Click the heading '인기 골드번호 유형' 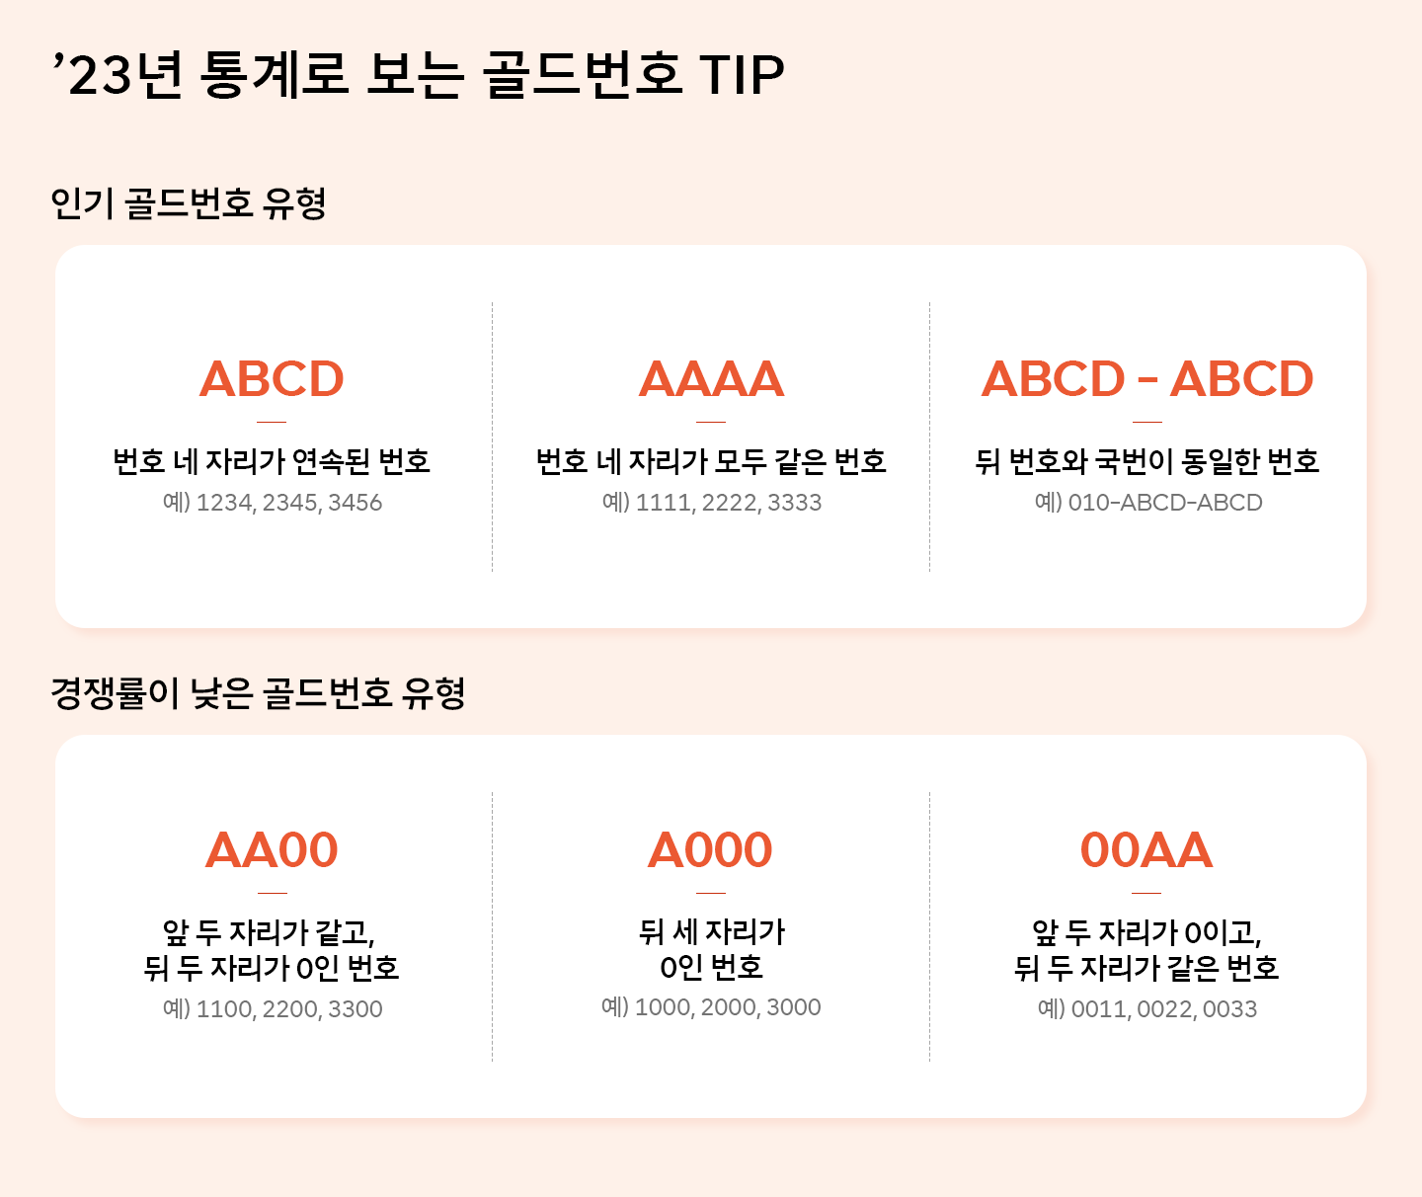tap(189, 203)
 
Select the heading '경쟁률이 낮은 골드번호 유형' tap(258, 693)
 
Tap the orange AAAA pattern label tap(711, 379)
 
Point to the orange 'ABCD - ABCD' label tap(1147, 379)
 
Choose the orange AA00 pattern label tap(272, 850)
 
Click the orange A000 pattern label tap(710, 850)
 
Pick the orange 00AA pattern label tap(1146, 850)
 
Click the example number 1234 tap(225, 503)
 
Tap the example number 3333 tap(795, 503)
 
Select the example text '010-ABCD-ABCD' tap(1165, 503)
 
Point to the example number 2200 tap(289, 1009)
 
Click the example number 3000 tap(794, 1007)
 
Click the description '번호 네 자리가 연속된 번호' tap(272, 461)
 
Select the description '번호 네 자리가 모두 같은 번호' tap(711, 461)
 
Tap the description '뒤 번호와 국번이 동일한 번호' tap(1147, 461)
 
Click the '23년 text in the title tap(118, 75)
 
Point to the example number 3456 tap(355, 503)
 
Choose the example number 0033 tap(1230, 1009)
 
